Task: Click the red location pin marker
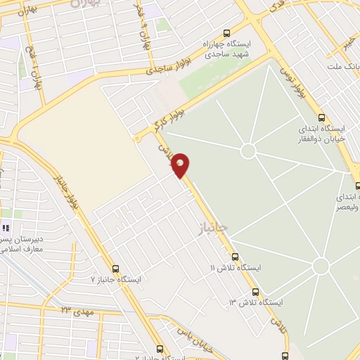181,165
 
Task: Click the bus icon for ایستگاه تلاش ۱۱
235,257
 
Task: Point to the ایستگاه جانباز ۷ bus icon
115,268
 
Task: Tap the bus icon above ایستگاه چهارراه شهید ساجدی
226,33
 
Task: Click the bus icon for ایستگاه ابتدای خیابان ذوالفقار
321,117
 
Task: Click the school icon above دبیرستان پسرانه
6,228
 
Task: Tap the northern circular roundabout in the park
247,150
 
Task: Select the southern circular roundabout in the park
321,266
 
